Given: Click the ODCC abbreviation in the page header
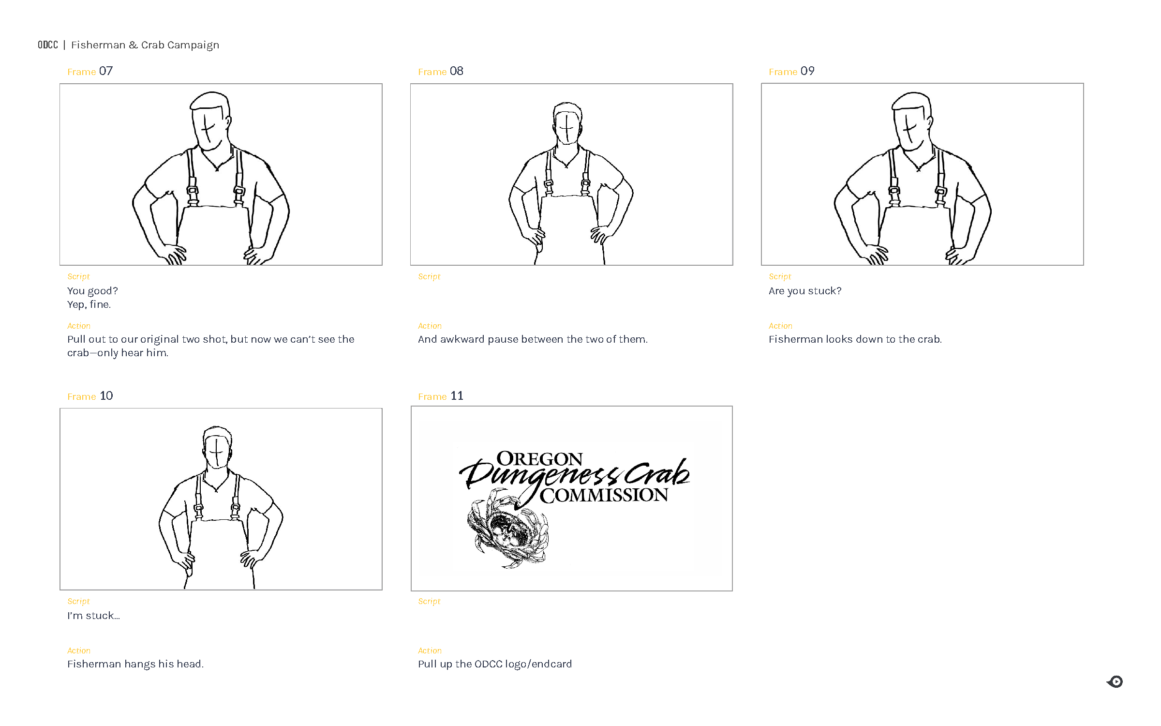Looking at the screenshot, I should coord(48,45).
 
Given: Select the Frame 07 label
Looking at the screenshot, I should coord(90,72).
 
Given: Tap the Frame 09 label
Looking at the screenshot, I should coord(791,72).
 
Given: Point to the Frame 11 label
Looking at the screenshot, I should coord(441,396).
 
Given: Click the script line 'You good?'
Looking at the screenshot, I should coord(92,291).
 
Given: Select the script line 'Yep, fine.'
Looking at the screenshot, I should coord(89,304).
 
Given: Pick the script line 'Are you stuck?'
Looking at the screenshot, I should coord(805,291).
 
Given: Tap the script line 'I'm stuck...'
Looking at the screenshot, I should coord(93,616).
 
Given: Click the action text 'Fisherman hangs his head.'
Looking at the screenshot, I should coord(135,664).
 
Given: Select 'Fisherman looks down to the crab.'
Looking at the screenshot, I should coord(855,339).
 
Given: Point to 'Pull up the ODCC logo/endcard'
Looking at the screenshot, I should coord(495,664).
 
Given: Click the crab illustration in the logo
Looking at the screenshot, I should coord(508,530).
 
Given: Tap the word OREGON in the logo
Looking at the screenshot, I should coord(539,459).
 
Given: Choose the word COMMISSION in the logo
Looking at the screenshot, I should coord(604,496).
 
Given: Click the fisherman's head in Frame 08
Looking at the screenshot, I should coord(567,122).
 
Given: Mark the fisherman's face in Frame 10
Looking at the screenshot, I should coord(216,452).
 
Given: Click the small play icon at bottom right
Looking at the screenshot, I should coord(1115,682).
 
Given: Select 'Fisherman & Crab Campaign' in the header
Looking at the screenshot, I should coord(145,45).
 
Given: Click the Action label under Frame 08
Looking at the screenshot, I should coord(430,326).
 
